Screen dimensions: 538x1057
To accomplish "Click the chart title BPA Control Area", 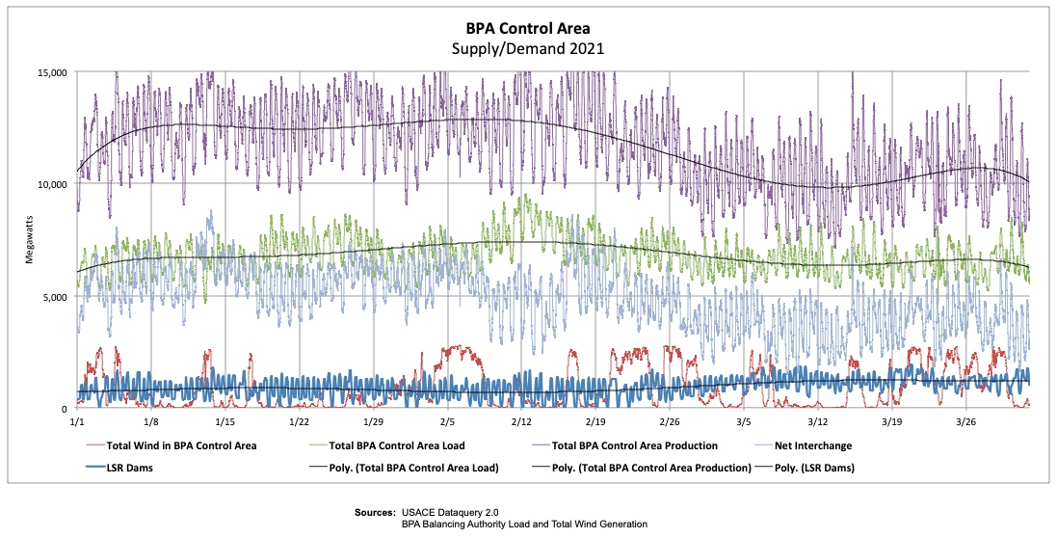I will coord(528,29).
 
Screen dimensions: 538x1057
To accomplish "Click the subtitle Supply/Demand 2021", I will coord(528,48).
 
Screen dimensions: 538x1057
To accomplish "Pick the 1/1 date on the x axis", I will coord(77,422).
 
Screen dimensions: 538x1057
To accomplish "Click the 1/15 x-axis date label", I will coord(225,422).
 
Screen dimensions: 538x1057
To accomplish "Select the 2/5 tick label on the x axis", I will coord(447,422).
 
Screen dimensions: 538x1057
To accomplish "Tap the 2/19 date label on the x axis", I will coord(595,422).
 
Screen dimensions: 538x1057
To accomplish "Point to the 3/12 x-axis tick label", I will coord(817,422).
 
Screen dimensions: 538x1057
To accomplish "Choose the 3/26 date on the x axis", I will coord(965,422).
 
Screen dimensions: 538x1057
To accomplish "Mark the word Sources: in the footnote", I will coord(376,511).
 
